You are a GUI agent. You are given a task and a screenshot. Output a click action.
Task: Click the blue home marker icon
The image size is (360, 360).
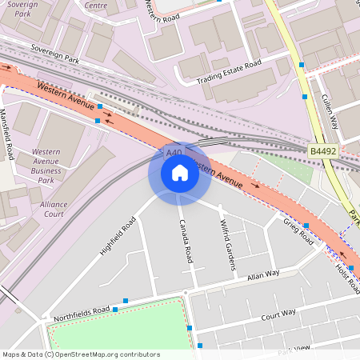click(x=180, y=173)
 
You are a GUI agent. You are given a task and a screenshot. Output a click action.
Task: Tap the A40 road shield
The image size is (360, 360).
click(x=174, y=152)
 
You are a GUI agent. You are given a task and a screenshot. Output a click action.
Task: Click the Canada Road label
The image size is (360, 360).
click(x=186, y=241)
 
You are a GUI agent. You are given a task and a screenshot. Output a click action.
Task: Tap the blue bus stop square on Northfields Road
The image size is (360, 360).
click(x=115, y=309)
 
